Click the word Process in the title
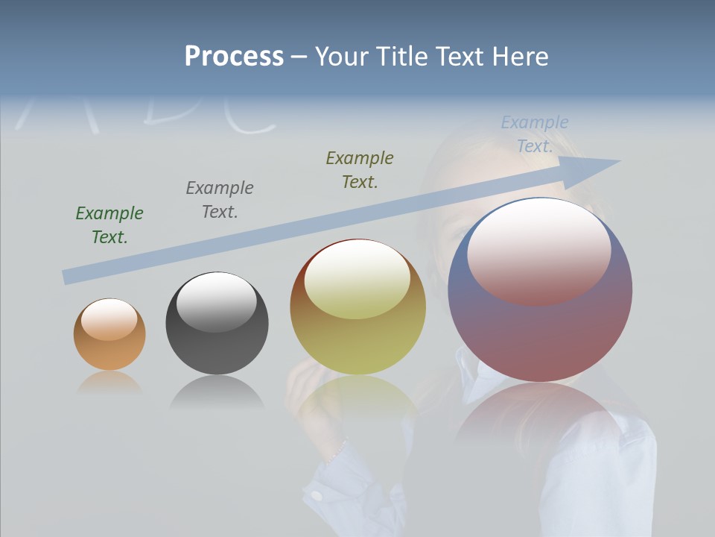click(234, 56)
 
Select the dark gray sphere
click(217, 347)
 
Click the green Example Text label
click(109, 225)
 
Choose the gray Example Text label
click(220, 200)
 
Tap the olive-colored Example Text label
click(360, 170)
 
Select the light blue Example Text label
click(535, 134)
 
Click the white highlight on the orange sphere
click(109, 318)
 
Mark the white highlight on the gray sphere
click(216, 301)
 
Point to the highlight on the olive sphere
click(357, 277)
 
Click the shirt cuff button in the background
click(317, 495)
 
